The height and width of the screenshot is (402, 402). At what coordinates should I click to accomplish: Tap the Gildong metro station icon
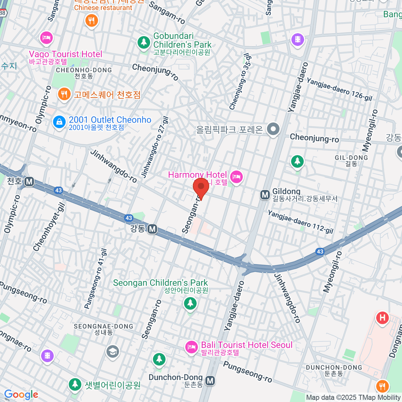pyautogui.click(x=265, y=195)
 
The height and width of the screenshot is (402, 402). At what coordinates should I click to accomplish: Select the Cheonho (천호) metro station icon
pyautogui.click(x=29, y=182)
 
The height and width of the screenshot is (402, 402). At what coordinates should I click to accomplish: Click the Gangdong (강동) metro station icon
pyautogui.click(x=152, y=229)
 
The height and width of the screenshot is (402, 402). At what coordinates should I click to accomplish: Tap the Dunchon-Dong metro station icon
pyautogui.click(x=210, y=381)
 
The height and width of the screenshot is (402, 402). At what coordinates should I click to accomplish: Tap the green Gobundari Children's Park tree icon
pyautogui.click(x=144, y=42)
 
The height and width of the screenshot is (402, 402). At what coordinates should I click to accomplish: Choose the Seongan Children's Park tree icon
pyautogui.click(x=190, y=304)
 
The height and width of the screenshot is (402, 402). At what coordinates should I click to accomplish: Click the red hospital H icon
pyautogui.click(x=382, y=318)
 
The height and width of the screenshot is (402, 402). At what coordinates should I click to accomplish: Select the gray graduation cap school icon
pyautogui.click(x=113, y=351)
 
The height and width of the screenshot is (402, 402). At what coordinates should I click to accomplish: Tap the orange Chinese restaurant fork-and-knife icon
pyautogui.click(x=91, y=21)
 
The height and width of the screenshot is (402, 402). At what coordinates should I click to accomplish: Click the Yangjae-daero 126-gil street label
pyautogui.click(x=339, y=89)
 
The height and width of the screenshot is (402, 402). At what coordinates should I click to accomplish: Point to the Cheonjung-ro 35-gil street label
pyautogui.click(x=240, y=81)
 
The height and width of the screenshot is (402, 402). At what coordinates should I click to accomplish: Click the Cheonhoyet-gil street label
pyautogui.click(x=49, y=227)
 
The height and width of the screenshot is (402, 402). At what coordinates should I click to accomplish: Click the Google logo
pyautogui.click(x=21, y=395)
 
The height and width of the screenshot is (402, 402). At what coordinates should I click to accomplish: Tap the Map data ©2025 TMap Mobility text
pyautogui.click(x=353, y=398)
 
